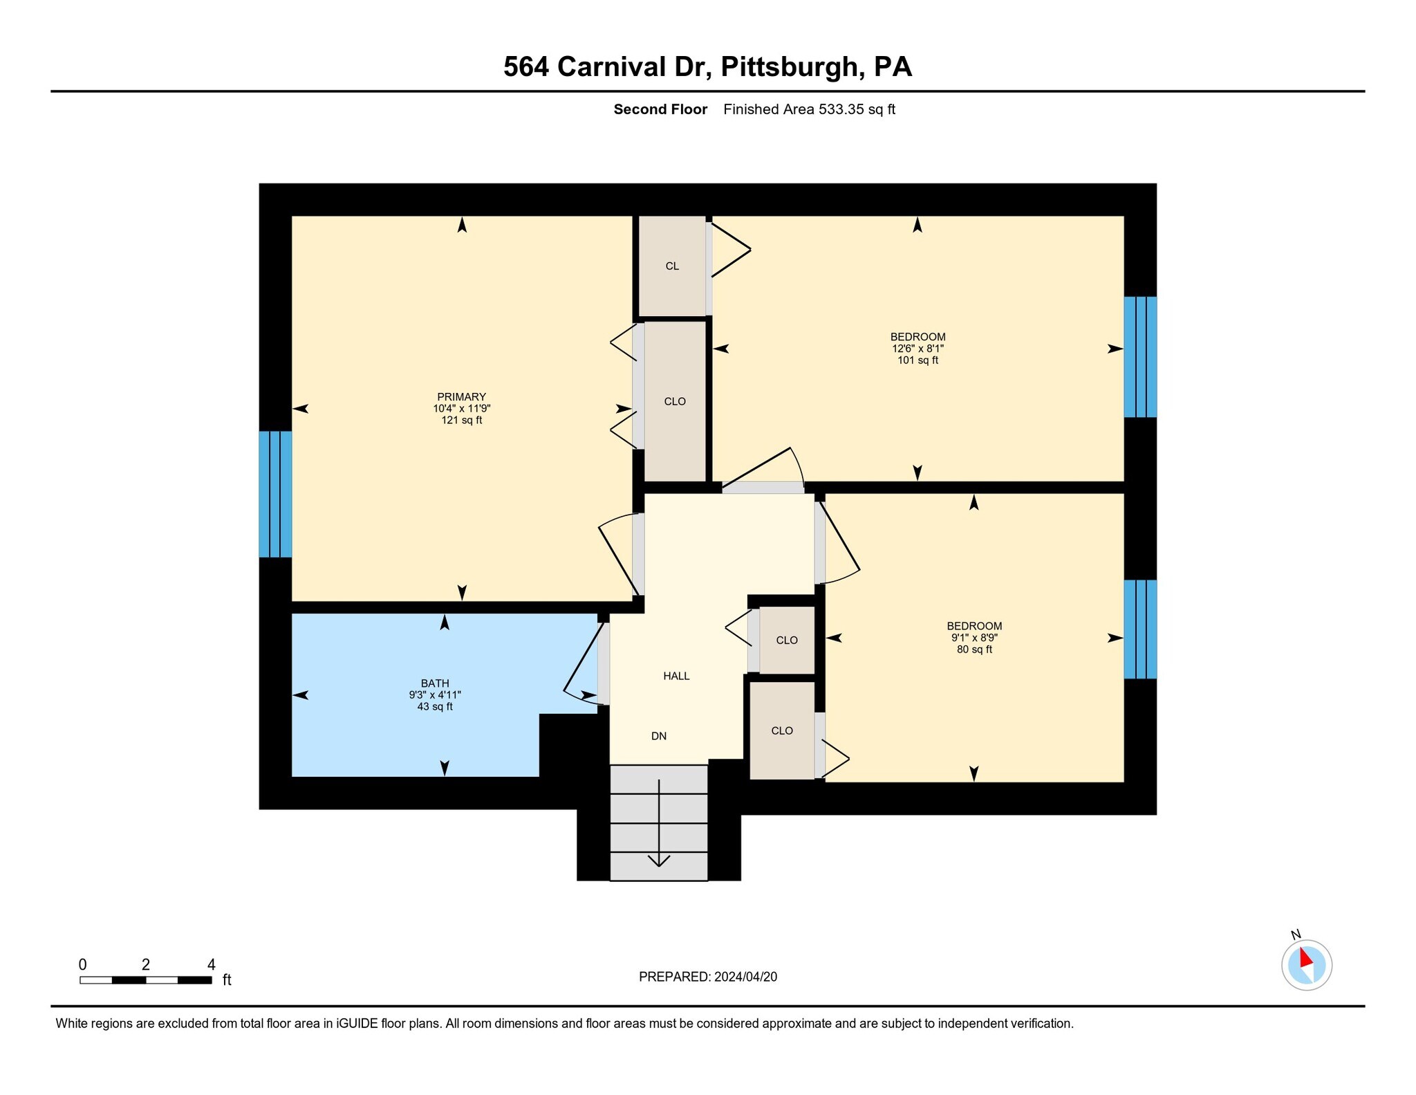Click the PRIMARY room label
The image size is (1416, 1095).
pos(461,396)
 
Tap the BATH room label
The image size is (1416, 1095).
pos(435,683)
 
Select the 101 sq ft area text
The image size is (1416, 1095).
pos(917,360)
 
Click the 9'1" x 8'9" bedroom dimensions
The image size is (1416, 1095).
pos(974,638)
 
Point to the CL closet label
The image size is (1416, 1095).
pos(672,266)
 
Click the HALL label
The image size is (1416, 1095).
pos(676,676)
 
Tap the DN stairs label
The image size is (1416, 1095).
pos(659,736)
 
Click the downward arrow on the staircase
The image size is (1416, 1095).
pos(659,858)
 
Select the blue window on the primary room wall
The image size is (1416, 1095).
pos(275,494)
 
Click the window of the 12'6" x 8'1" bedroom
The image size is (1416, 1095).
pos(1140,357)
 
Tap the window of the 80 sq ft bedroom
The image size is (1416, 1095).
pos(1140,629)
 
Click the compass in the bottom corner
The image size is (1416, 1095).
pos(1306,964)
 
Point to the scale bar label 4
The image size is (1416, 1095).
pos(212,964)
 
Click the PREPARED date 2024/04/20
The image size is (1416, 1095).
pos(745,977)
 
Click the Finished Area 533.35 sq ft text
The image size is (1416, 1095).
pos(809,109)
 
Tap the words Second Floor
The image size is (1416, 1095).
pos(660,109)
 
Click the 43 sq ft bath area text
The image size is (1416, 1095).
pos(435,706)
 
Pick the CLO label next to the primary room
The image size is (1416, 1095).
pos(675,401)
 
